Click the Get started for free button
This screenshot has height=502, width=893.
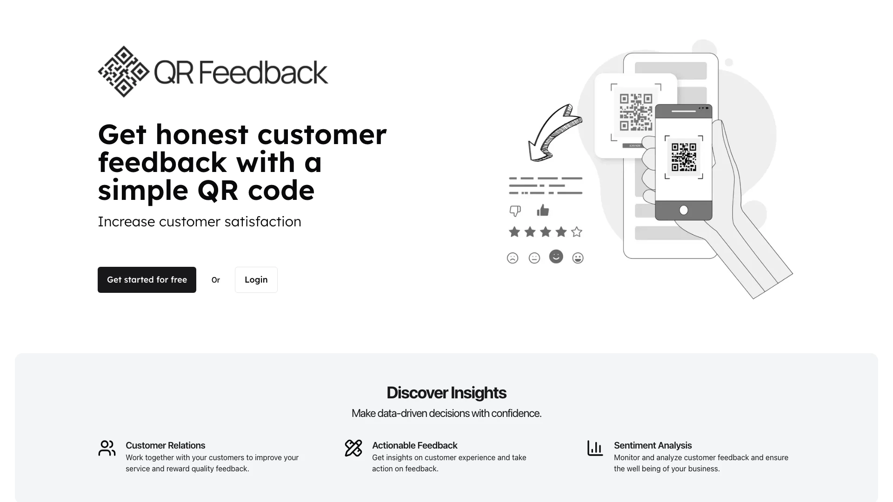coord(147,280)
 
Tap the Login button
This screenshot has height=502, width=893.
coord(256,280)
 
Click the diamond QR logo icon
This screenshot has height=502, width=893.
coord(124,72)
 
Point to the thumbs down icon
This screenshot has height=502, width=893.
coord(515,211)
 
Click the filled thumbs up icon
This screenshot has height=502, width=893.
coord(543,211)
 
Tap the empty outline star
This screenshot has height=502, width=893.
coord(577,231)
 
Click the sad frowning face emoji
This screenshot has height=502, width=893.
coord(513,258)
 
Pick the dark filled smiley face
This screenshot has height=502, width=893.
coord(556,257)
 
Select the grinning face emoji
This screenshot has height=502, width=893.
coord(578,258)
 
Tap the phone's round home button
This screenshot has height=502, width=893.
coord(684,210)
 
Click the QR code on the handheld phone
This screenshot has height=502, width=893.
coord(684,157)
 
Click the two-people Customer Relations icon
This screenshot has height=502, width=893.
coord(107,448)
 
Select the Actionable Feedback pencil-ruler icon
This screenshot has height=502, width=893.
coord(353,448)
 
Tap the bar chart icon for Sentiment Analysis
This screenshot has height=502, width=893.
coord(595,448)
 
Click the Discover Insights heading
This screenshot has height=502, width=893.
coord(446,393)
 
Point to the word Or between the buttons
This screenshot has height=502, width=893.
coord(216,280)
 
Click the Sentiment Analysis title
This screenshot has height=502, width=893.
coord(653,445)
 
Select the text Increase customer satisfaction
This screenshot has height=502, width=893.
coord(200,221)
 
